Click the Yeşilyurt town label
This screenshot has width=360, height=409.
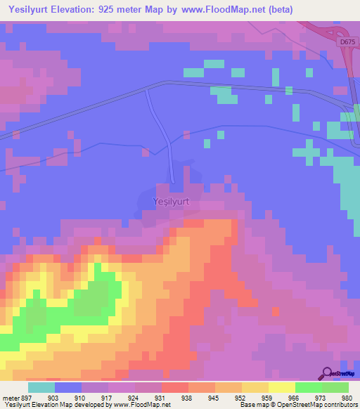[x=171, y=202]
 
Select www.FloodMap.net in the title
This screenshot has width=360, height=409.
[x=218, y=10]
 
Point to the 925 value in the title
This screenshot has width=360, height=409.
[x=117, y=10]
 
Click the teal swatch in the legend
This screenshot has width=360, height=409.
[x=41, y=387]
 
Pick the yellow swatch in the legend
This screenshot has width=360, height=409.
[x=281, y=387]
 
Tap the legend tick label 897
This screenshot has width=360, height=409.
[x=27, y=397]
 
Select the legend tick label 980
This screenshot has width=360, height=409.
[x=346, y=397]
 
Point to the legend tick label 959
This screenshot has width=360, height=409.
[x=267, y=397]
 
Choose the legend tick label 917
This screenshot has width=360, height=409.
[x=108, y=397]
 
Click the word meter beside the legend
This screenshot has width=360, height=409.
[x=11, y=397]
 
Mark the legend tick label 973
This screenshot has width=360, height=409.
[x=320, y=397]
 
